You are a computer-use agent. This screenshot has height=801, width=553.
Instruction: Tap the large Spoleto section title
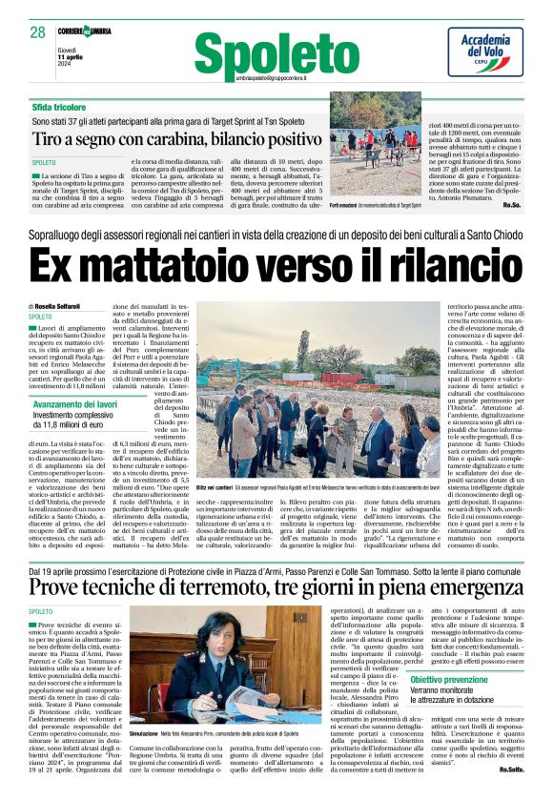(x=277, y=49)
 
